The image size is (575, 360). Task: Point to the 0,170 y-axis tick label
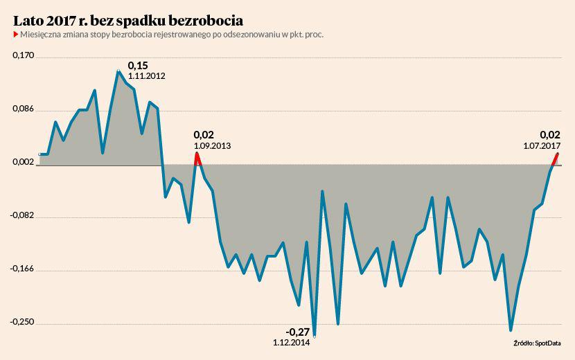pos(24,55)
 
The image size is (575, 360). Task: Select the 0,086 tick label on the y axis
pos(24,109)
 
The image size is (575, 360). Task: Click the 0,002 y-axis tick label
pos(24,162)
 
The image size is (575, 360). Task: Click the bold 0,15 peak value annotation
pos(138,65)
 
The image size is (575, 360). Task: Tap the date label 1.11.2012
pos(146,76)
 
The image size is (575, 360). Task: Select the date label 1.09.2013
pos(213,146)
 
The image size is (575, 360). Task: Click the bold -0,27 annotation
pos(298,331)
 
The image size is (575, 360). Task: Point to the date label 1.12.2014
pos(292,342)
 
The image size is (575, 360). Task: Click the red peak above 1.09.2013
pos(197,155)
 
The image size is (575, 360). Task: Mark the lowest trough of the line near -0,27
pos(315,336)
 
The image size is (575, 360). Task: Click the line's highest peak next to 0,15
pos(118,71)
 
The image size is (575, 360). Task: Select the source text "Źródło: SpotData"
pos(537,343)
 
